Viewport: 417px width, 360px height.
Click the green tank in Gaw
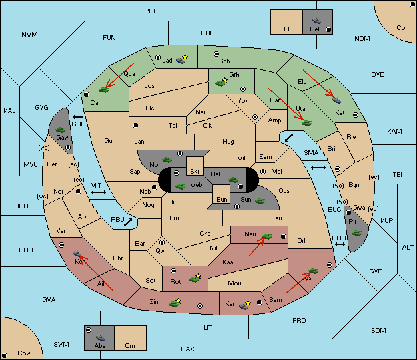61,130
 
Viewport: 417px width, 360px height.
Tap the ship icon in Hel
316,21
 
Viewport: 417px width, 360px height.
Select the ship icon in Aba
100,337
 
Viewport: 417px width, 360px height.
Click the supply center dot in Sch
216,54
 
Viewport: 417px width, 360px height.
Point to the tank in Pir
356,233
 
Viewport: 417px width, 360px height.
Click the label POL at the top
151,11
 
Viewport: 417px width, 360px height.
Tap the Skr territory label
195,172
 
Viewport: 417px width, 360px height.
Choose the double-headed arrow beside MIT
99,192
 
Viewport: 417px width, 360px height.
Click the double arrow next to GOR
78,117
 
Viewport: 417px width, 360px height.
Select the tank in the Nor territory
167,160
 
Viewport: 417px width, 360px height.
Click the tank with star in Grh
222,83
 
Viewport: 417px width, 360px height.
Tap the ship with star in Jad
182,59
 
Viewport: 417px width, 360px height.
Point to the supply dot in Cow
5,355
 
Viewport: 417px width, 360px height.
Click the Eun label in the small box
222,199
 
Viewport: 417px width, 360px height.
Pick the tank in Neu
266,236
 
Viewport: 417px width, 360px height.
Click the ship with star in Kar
244,305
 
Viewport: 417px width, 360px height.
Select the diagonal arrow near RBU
128,222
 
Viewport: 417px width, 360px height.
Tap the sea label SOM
378,330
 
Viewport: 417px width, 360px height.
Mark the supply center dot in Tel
135,125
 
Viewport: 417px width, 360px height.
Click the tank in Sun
260,201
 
